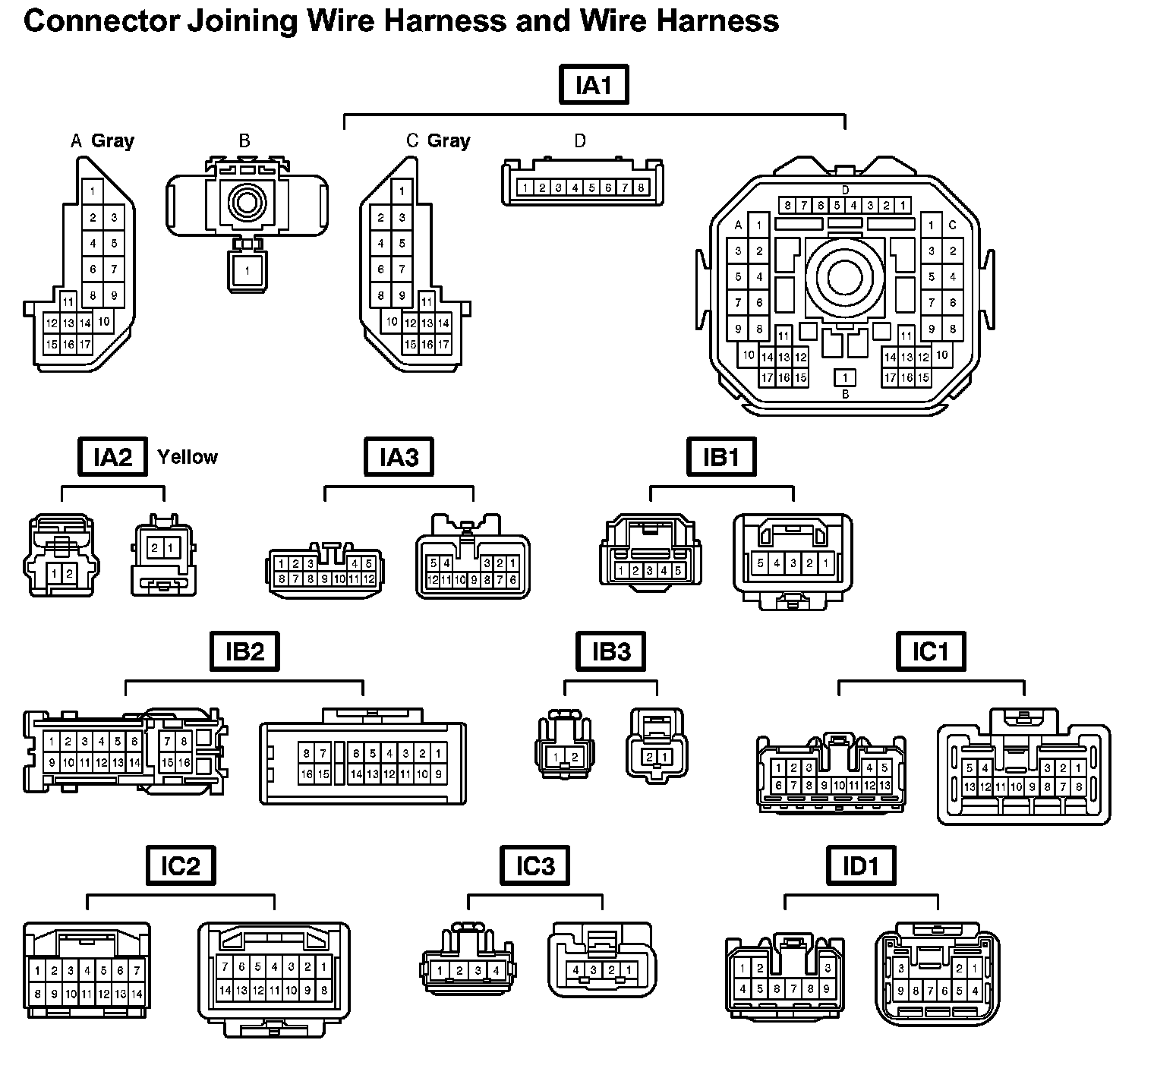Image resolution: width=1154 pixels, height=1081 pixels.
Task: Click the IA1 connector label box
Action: point(594,85)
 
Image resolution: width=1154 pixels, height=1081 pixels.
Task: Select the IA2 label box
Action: point(112,457)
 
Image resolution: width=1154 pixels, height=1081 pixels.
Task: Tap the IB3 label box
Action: point(611,651)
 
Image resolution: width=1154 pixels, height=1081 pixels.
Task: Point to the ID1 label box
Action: point(860,866)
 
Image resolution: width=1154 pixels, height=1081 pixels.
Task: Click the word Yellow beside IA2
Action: point(188,457)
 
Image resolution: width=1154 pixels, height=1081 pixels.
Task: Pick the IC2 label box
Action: point(180,866)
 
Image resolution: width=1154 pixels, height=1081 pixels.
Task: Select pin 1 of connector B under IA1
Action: point(246,269)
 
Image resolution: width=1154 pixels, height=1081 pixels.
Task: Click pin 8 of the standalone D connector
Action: point(642,188)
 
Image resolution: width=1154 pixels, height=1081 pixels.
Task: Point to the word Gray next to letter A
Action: point(112,140)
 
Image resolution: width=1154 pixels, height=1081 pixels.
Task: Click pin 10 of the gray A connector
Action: point(103,321)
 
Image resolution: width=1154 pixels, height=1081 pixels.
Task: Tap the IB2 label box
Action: point(244,651)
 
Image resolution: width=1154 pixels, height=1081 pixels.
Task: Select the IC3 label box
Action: point(535,866)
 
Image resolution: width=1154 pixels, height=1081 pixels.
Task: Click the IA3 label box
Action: point(399,457)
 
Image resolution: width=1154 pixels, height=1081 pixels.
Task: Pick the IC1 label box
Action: point(931,651)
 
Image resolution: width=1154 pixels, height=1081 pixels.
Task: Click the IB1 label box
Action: point(721,457)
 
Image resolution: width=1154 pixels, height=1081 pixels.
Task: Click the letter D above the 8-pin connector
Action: point(580,141)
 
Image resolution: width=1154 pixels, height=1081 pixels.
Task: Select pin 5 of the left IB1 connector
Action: point(678,571)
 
